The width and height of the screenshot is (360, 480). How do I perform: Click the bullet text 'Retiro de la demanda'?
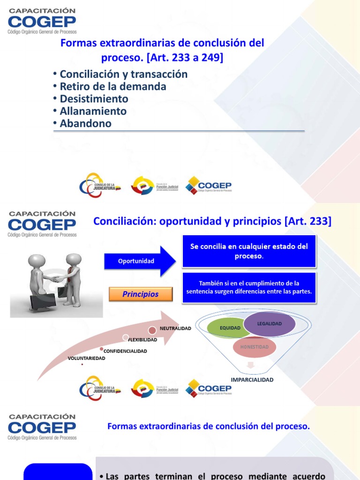[x=112, y=87]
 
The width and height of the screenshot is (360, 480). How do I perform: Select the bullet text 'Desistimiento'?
[x=94, y=99]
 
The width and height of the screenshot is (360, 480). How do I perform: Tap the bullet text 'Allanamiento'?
[x=93, y=111]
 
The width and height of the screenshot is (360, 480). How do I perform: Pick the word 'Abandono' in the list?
[x=85, y=124]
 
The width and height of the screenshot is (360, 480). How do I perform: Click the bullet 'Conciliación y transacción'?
[x=123, y=74]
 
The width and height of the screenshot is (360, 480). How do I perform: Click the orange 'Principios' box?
[x=141, y=294]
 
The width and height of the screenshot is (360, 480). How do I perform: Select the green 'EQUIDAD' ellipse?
[x=230, y=328]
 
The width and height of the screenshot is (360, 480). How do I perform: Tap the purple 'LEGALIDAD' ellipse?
[x=270, y=324]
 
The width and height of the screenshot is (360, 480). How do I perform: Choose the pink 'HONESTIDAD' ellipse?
[x=255, y=347]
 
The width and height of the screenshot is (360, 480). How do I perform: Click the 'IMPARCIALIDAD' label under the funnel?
[x=252, y=380]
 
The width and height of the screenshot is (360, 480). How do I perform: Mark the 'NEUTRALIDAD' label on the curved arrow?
[x=175, y=329]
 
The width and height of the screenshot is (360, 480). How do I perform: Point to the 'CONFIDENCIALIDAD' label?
[x=125, y=351]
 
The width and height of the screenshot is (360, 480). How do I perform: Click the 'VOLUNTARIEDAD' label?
[x=87, y=358]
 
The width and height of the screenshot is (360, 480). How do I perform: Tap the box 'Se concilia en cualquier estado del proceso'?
[x=249, y=251]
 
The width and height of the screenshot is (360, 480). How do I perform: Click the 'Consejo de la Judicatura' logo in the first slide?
[x=100, y=186]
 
